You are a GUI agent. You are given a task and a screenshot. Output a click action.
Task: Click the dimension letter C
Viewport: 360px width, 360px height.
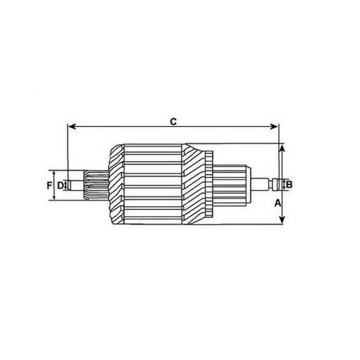pyautogui.click(x=173, y=121)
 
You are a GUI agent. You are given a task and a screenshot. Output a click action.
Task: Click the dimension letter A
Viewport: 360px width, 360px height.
pyautogui.click(x=278, y=203)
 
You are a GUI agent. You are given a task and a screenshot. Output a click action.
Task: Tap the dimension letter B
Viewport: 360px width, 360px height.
pyautogui.click(x=290, y=184)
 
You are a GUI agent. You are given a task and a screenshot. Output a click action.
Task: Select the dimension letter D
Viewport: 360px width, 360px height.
pyautogui.click(x=60, y=185)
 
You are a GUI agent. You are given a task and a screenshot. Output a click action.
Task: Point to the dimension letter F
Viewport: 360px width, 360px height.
pyautogui.click(x=49, y=185)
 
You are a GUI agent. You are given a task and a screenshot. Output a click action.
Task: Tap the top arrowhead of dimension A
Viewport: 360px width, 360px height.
pyautogui.click(x=281, y=148)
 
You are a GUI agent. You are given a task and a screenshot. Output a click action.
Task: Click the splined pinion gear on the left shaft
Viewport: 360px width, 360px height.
pyautogui.click(x=96, y=184)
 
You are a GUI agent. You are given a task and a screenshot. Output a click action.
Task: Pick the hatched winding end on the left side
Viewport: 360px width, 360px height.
pyautogui.click(x=116, y=184)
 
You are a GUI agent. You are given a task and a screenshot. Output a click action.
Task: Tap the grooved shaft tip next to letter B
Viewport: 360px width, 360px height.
pyautogui.click(x=280, y=184)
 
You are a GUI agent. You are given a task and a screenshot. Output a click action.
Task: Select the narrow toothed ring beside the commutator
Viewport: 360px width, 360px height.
pyautogui.click(x=209, y=184)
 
